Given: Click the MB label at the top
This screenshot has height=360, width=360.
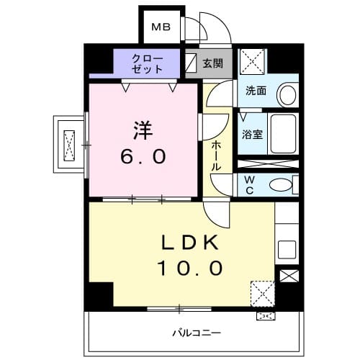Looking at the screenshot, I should coord(159,28).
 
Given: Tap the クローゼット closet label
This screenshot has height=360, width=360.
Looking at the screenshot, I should coord(147,63).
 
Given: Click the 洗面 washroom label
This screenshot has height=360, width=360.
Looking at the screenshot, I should coord(256,91).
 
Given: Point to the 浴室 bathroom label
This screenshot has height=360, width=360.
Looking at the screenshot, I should coord(252,134).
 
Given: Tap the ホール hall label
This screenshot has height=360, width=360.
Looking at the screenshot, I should coord(216,155).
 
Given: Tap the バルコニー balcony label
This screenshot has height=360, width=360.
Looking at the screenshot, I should coord(196,333).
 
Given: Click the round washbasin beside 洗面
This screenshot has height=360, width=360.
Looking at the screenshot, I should coord(287,94).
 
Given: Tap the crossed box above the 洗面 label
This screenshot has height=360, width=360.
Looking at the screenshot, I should coord(252,60).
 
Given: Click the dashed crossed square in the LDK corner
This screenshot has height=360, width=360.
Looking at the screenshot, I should coord(263,293).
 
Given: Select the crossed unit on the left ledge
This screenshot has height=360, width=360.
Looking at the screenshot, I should coord(70,144).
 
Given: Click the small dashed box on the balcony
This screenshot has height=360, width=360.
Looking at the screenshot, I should coord(264,315).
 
